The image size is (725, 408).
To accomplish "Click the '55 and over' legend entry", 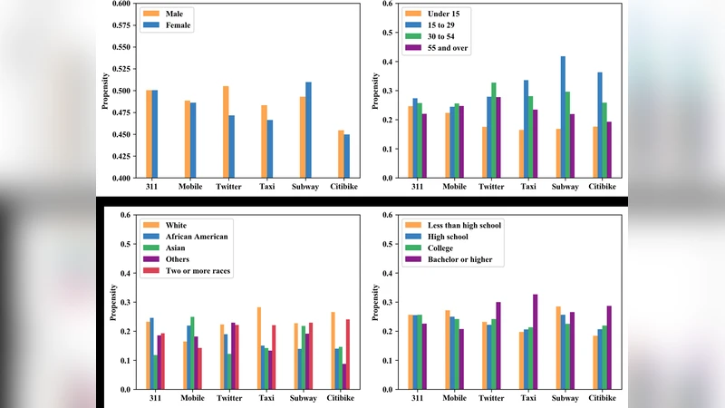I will click(438, 48).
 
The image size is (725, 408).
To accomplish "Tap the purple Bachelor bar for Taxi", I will click(536, 342).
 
